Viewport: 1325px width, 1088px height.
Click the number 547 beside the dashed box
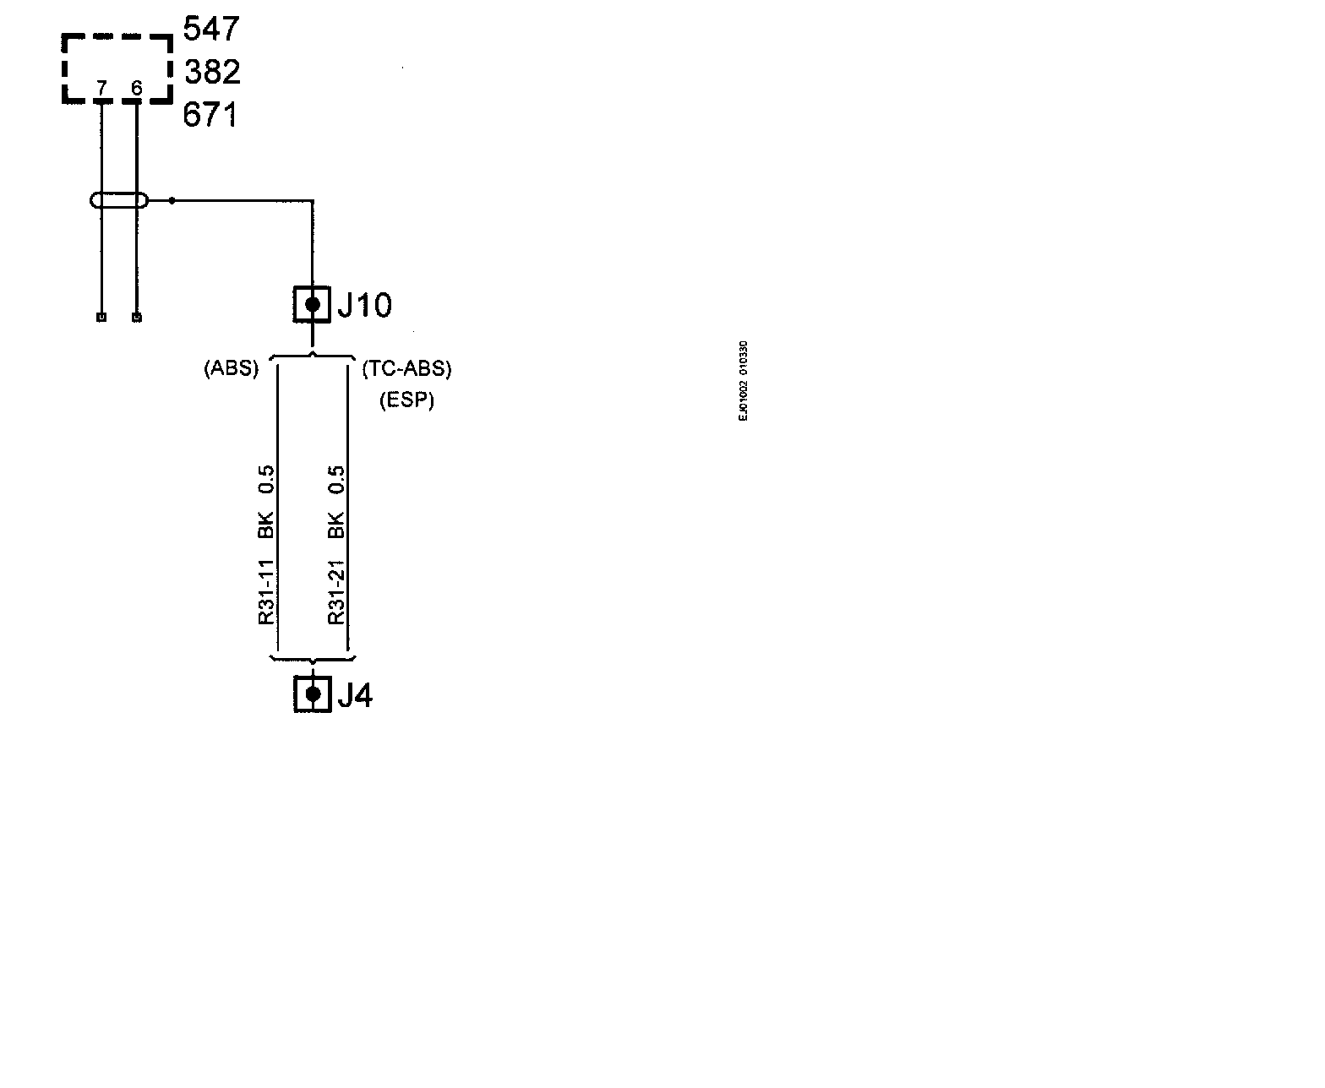211,30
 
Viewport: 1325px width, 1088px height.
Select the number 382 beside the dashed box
212,72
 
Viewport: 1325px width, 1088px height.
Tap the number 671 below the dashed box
210,115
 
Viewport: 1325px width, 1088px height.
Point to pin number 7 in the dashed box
101,88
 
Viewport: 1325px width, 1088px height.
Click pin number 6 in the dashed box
137,88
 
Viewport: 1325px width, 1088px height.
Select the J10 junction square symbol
312,304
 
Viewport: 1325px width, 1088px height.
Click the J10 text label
364,305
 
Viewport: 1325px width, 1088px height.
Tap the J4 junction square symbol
312,694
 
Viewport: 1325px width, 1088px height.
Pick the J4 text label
355,695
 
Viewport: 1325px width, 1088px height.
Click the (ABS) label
231,369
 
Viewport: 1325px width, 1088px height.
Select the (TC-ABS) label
406,369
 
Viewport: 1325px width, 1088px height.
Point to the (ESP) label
406,400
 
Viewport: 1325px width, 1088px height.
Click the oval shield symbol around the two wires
119,201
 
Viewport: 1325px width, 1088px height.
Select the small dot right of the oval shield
172,201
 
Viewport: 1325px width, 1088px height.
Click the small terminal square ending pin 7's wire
101,318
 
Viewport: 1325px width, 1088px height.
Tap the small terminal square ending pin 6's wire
137,318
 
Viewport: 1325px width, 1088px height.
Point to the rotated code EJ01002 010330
743,381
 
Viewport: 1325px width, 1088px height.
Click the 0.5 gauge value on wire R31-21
336,480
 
